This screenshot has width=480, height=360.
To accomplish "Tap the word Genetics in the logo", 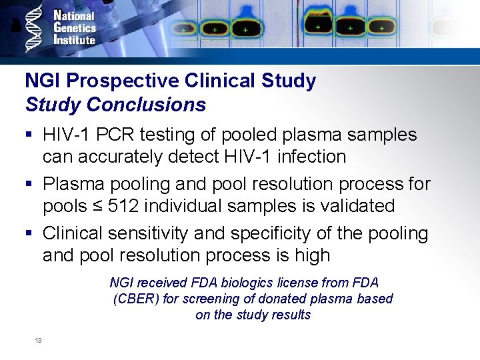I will click(x=75, y=27).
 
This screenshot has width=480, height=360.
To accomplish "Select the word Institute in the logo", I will click(x=74, y=39).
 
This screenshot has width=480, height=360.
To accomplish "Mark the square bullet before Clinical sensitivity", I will click(x=29, y=234).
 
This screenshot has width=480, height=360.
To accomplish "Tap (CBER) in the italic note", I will click(x=137, y=299).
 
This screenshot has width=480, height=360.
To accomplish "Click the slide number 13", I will click(x=38, y=341).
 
